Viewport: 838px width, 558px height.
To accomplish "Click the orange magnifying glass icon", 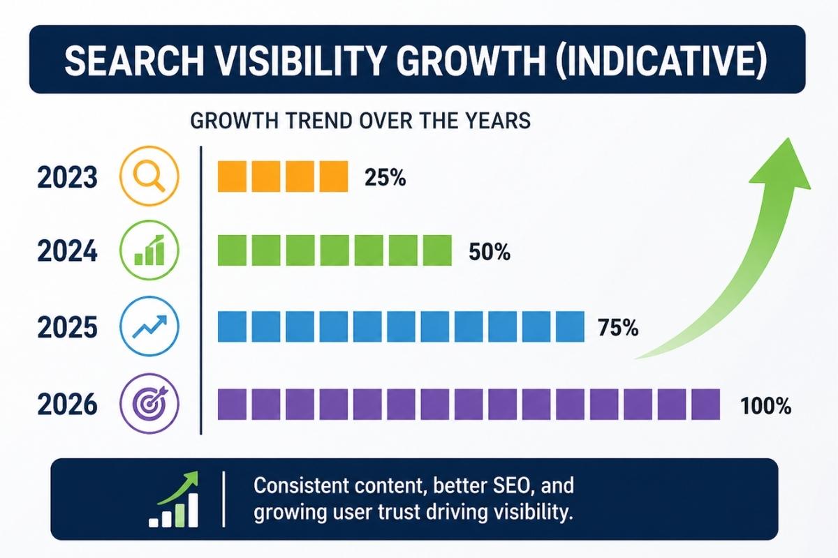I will (150, 176).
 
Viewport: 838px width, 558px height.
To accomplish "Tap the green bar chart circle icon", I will (150, 251).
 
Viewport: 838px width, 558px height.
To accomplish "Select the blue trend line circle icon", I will (150, 326).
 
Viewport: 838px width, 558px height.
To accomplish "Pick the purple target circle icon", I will (150, 403).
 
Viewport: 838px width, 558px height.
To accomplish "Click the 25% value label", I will (385, 179).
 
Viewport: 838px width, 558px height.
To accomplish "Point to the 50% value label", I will (489, 252).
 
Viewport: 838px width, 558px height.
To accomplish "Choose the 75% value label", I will (618, 328).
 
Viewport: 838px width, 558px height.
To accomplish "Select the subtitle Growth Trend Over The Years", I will (360, 120).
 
